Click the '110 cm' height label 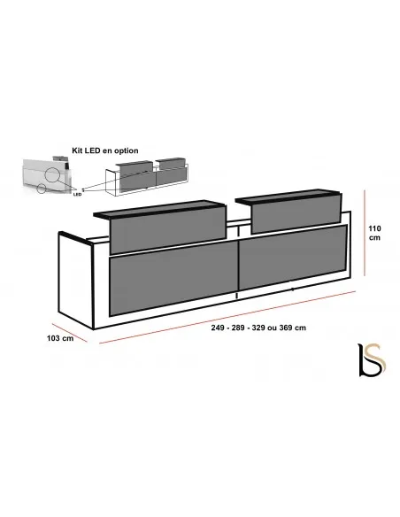(374, 233)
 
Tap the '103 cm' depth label (60, 338)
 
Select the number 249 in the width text (218, 328)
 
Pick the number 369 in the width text (286, 328)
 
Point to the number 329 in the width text (258, 328)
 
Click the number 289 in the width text (238, 328)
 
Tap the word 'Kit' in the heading (77, 150)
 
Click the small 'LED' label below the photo (77, 195)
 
